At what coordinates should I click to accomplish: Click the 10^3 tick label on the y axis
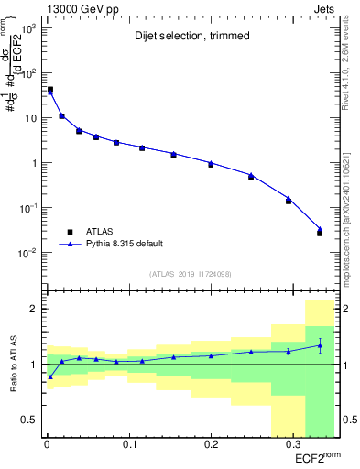pos(28,28)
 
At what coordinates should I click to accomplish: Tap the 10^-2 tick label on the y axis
pos(28,253)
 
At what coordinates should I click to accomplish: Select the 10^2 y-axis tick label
pos(28,73)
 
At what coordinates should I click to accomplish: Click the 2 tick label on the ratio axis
pos(34,309)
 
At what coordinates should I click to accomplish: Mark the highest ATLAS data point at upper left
pos(49,90)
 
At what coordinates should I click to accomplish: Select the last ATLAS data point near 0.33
pos(320,233)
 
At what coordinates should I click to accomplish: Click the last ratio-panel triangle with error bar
pos(320,345)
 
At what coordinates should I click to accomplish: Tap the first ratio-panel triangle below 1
pos(49,376)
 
